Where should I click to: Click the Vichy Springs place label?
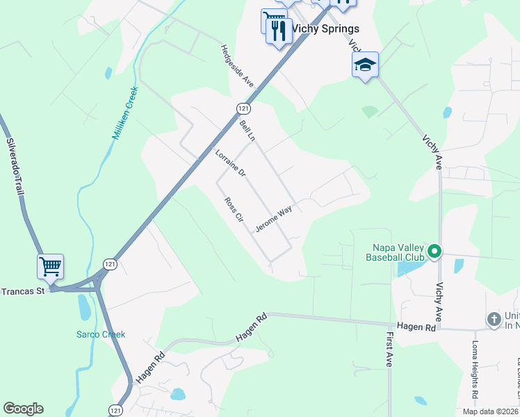(x=325, y=28)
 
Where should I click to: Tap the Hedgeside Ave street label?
(x=237, y=65)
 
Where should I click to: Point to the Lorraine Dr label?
(x=230, y=163)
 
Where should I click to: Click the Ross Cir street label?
(x=234, y=209)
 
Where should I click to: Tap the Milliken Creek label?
(x=125, y=113)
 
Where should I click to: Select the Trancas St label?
(x=22, y=291)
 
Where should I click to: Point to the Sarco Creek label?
(x=101, y=334)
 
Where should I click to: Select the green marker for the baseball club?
(x=434, y=251)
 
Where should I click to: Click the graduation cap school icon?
(x=365, y=65)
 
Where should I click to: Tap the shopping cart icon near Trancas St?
(x=50, y=266)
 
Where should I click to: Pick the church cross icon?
(x=494, y=320)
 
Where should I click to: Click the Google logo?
(x=23, y=409)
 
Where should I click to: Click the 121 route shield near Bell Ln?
(x=243, y=108)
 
